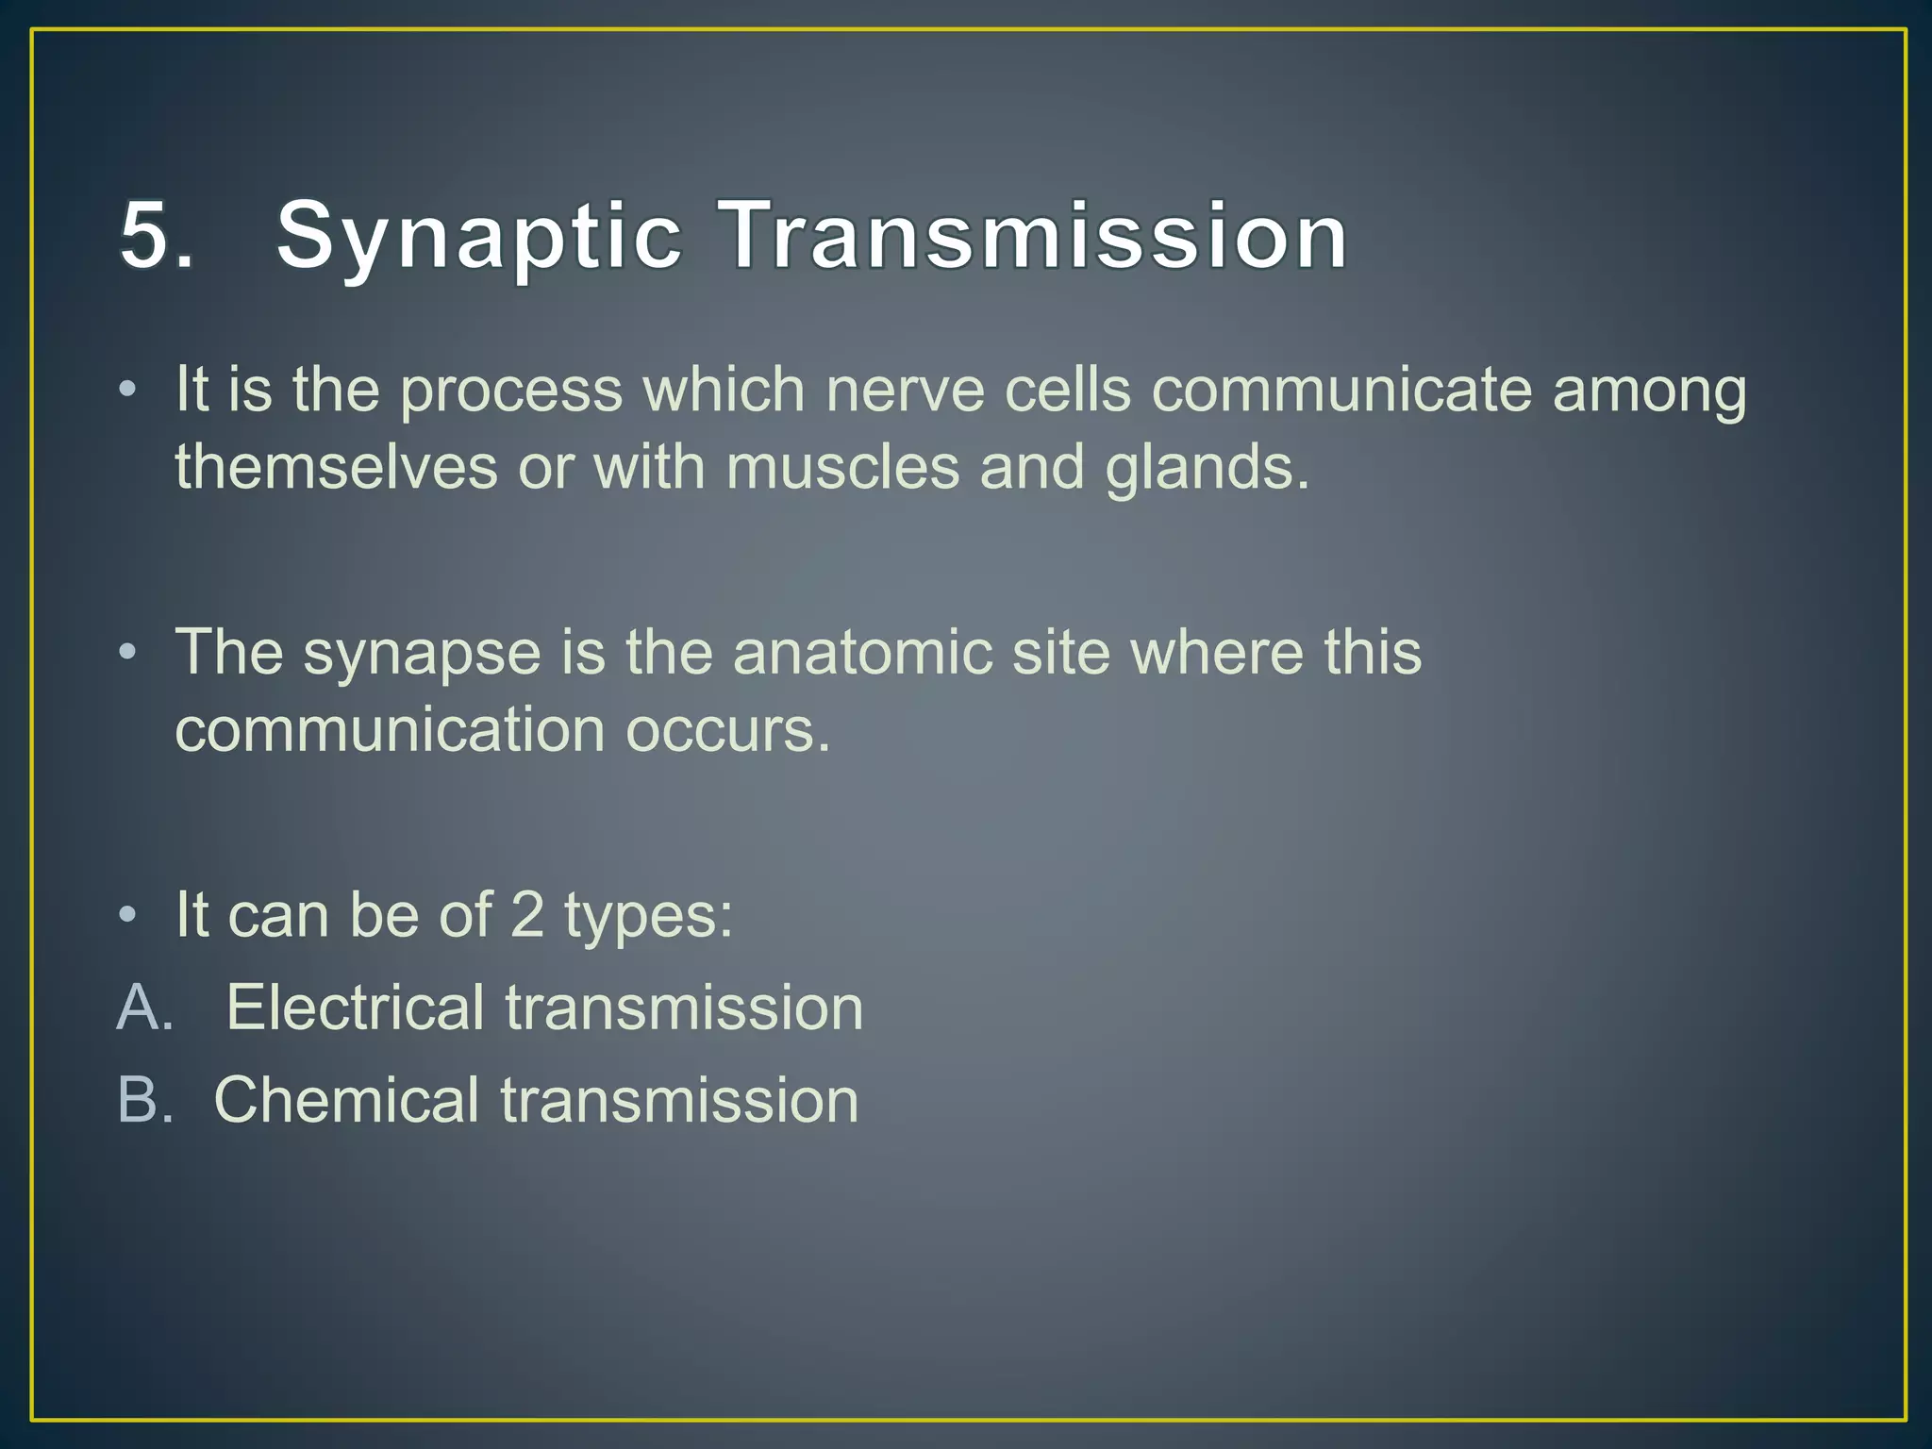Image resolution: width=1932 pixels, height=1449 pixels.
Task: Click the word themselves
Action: coord(336,468)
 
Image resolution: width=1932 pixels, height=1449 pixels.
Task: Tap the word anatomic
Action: coord(862,653)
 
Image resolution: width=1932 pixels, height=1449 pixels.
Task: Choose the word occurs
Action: coord(727,730)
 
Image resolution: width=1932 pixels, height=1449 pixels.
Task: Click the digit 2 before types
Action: coord(526,915)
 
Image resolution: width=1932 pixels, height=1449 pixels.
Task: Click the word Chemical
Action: coord(346,1100)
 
